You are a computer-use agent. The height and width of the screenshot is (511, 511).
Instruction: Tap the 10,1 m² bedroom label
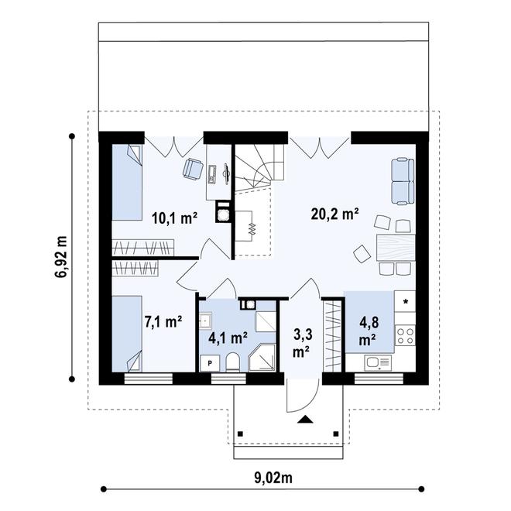pos(174,218)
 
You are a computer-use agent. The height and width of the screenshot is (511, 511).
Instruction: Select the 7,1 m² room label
pos(163,320)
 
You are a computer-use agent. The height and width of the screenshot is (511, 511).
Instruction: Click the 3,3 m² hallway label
pos(302,343)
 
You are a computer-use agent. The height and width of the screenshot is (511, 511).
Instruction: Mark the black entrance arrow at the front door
pos(306,420)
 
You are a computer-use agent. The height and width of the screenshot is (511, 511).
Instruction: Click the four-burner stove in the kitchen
pos(405,335)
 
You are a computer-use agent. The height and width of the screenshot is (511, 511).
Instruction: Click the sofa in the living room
pos(400,179)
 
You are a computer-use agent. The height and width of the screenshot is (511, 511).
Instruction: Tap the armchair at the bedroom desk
pos(191,169)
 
